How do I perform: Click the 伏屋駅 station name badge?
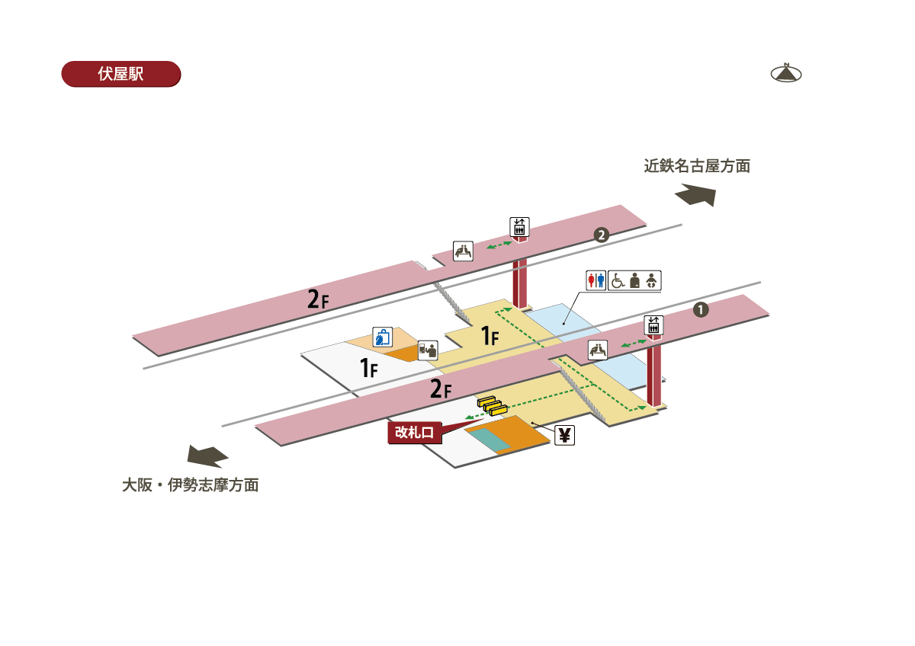tap(120, 74)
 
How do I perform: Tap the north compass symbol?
tap(786, 73)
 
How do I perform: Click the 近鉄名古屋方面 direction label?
tap(697, 166)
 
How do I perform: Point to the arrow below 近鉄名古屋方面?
tap(695, 195)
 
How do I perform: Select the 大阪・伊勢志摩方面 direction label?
tap(191, 485)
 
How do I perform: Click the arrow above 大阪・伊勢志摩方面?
tap(207, 456)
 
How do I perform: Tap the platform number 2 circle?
tap(602, 235)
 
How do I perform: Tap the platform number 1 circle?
tap(701, 310)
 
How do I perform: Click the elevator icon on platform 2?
tap(519, 227)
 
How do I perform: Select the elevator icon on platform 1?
tap(653, 325)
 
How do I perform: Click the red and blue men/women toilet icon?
tap(596, 280)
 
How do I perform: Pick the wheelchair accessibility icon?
tap(618, 280)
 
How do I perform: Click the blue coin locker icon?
tap(381, 336)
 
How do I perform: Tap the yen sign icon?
tap(564, 436)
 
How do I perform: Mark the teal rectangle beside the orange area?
tap(490, 440)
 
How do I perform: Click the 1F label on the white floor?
tap(369, 369)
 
